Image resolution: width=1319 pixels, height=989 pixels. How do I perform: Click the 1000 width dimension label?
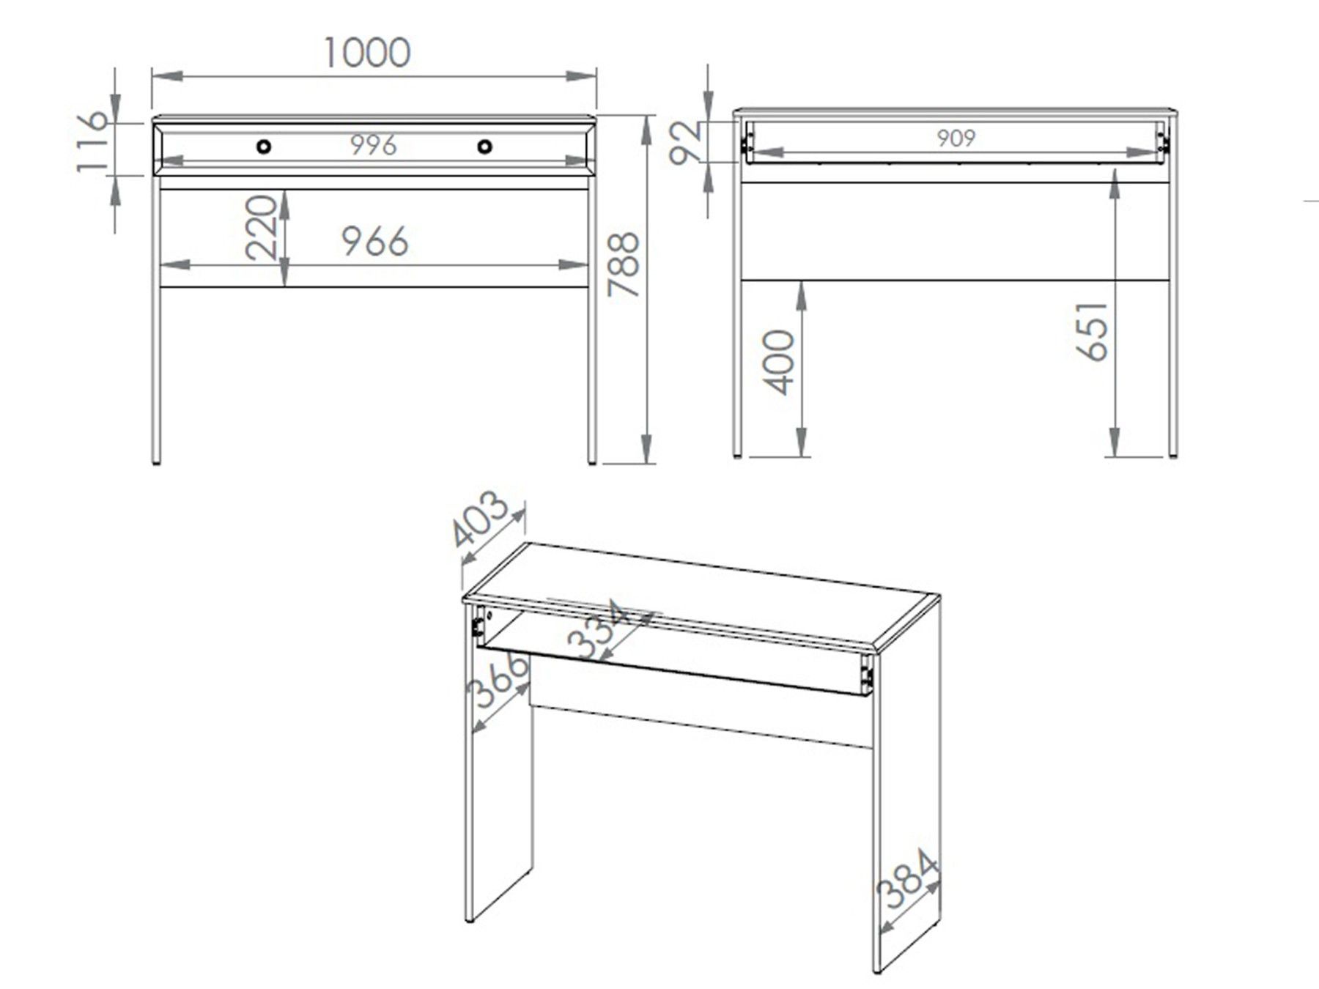(x=366, y=53)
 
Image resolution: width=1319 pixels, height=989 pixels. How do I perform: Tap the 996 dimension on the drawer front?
(x=373, y=145)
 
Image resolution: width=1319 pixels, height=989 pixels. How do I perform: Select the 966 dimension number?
(x=375, y=241)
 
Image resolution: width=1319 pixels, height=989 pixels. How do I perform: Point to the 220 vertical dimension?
(x=262, y=227)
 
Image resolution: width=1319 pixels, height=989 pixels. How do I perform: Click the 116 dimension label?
(x=93, y=142)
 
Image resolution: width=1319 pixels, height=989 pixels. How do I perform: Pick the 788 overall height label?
(x=624, y=264)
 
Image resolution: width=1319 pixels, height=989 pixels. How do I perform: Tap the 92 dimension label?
(x=687, y=144)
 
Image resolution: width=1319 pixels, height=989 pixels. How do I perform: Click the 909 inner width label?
(x=956, y=138)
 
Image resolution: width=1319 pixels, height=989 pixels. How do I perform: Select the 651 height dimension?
(x=1093, y=330)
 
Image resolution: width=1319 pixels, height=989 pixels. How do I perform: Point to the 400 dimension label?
(x=778, y=363)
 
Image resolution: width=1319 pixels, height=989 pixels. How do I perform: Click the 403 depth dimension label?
(x=479, y=520)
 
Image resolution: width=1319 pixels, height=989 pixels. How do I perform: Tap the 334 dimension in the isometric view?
(x=599, y=629)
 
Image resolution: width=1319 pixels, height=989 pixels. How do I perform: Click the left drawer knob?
(x=264, y=147)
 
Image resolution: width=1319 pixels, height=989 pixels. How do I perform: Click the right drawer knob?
(x=484, y=147)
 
